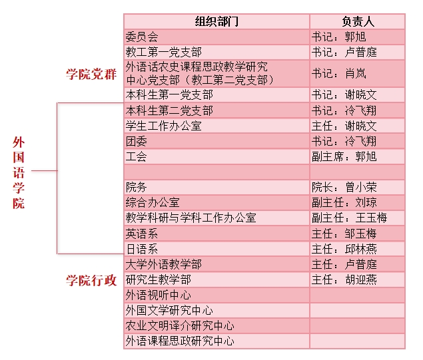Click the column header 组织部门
pyautogui.click(x=216, y=21)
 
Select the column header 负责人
pyautogui.click(x=358, y=21)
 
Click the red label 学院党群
pyautogui.click(x=91, y=74)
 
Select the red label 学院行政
pyautogui.click(x=91, y=280)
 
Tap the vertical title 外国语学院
pyautogui.click(x=19, y=173)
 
